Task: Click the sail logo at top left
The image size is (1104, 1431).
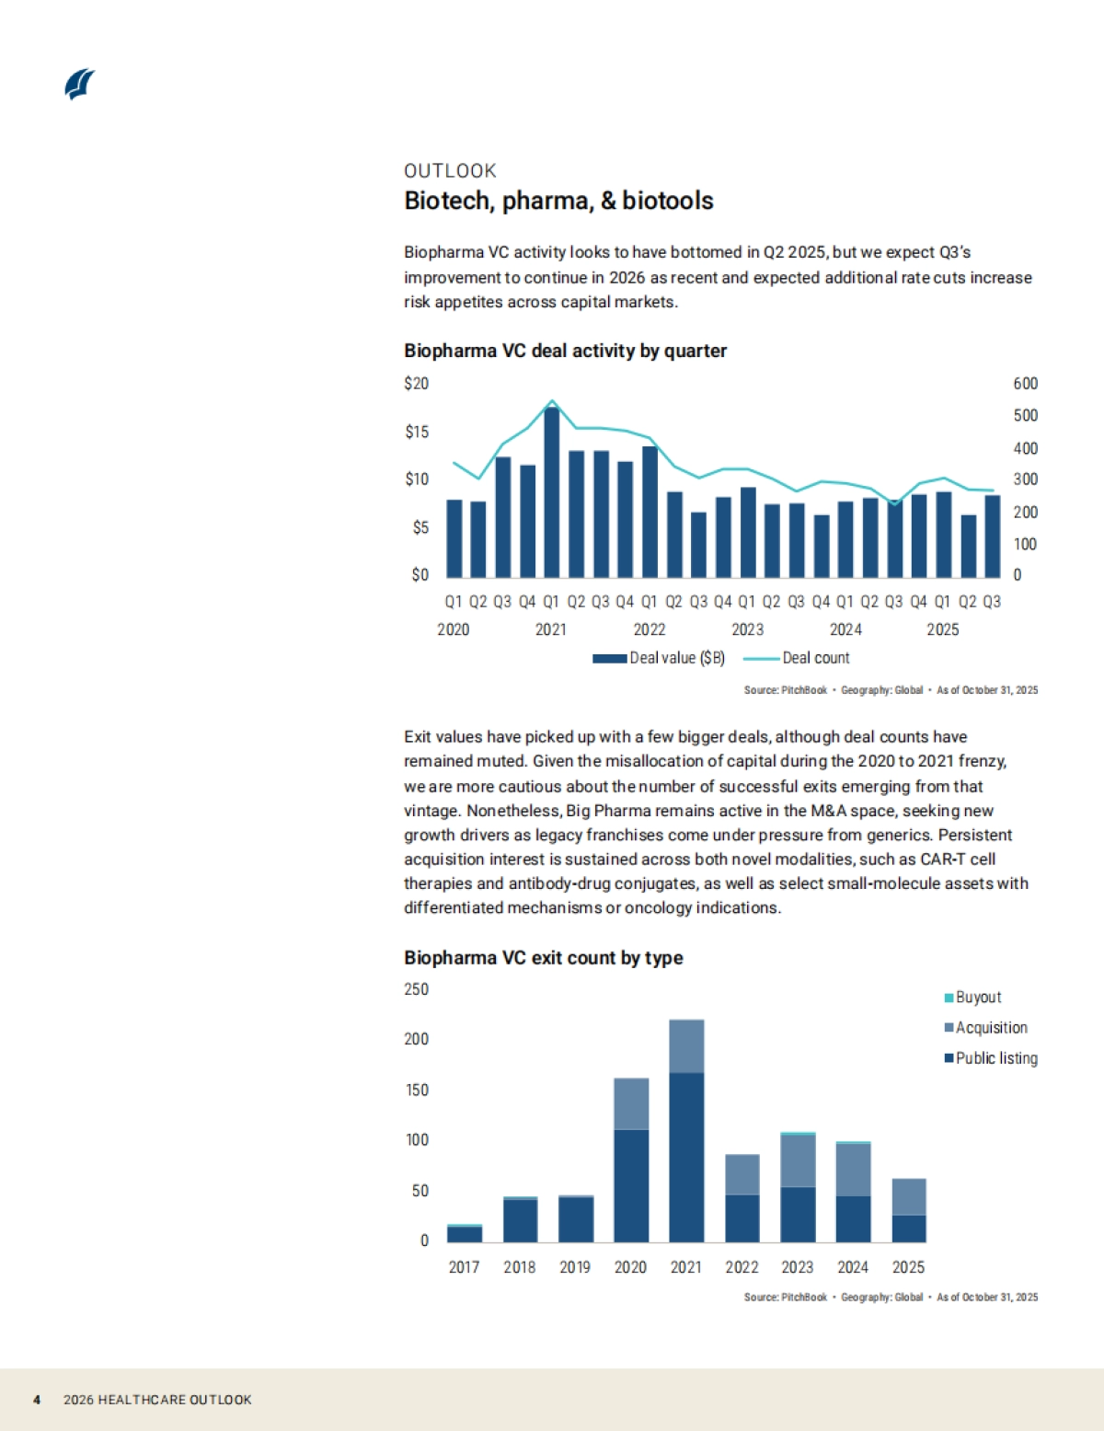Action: pyautogui.click(x=80, y=84)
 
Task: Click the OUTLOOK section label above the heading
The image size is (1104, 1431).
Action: pyautogui.click(x=450, y=170)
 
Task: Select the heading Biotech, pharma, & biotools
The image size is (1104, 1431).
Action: pyautogui.click(x=558, y=201)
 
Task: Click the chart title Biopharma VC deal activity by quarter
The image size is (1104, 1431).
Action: pyautogui.click(x=565, y=351)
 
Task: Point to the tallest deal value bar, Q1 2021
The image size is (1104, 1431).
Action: pyautogui.click(x=551, y=492)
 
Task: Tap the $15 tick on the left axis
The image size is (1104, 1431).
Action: pyautogui.click(x=417, y=432)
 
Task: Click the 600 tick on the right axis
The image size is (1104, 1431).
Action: pyautogui.click(x=1025, y=384)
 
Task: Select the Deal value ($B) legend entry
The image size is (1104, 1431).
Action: pyautogui.click(x=659, y=658)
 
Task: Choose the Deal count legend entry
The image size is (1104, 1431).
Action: pyautogui.click(x=797, y=658)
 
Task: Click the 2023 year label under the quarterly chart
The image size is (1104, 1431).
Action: pyautogui.click(x=747, y=629)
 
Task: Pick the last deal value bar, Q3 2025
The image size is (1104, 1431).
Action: pyautogui.click(x=992, y=536)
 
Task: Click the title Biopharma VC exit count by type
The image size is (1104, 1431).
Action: pyautogui.click(x=543, y=958)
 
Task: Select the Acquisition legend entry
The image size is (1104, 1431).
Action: pyautogui.click(x=986, y=1028)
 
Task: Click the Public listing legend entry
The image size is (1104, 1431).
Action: pyautogui.click(x=992, y=1058)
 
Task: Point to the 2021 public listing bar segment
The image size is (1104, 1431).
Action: pyautogui.click(x=686, y=1158)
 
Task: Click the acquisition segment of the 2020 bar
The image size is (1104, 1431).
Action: pyautogui.click(x=631, y=1103)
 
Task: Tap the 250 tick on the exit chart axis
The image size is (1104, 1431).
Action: pyautogui.click(x=416, y=989)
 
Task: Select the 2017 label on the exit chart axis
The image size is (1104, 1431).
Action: pyautogui.click(x=464, y=1267)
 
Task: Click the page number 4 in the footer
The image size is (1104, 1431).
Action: pyautogui.click(x=37, y=1400)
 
